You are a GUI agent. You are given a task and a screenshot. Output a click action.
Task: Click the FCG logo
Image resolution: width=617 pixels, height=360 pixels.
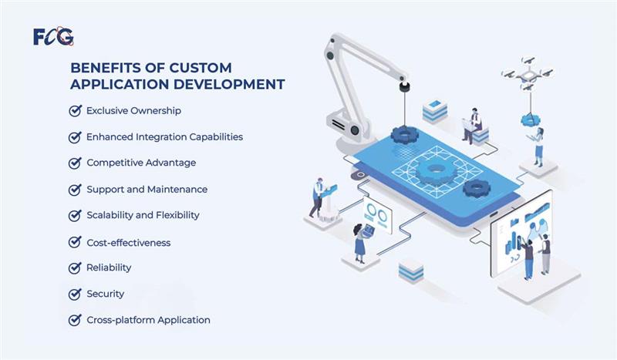(53, 36)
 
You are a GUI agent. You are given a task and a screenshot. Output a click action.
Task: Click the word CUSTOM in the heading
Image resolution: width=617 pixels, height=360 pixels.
(201, 68)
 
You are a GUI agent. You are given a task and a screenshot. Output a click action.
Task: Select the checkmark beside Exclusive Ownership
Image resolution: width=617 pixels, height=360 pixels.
(75, 110)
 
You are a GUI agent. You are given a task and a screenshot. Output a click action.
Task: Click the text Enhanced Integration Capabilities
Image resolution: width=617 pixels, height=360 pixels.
(164, 137)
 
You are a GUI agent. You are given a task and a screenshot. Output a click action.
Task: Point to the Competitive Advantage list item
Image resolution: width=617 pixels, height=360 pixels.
(141, 163)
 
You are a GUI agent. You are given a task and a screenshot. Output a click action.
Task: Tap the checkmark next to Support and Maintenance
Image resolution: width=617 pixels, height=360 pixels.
(75, 189)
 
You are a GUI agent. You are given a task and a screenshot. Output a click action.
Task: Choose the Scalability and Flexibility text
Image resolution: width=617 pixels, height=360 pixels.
(143, 215)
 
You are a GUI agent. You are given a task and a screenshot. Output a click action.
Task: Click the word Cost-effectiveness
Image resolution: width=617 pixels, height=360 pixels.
(129, 243)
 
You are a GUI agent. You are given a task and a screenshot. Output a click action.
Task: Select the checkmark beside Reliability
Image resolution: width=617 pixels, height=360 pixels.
(75, 268)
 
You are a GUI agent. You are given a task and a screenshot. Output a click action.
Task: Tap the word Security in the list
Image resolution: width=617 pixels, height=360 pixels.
(105, 294)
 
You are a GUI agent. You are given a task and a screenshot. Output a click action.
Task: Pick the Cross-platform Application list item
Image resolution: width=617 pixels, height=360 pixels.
(148, 320)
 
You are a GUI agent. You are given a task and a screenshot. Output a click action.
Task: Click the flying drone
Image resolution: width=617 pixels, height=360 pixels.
(527, 73)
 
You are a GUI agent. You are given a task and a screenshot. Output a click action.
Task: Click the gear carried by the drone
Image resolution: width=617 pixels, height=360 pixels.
(530, 120)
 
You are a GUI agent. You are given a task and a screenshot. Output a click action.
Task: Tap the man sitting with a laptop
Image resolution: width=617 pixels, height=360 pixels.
(472, 125)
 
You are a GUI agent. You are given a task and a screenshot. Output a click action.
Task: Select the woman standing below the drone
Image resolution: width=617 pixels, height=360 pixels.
(538, 146)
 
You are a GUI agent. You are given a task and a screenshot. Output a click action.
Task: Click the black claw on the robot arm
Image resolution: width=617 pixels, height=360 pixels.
(404, 86)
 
